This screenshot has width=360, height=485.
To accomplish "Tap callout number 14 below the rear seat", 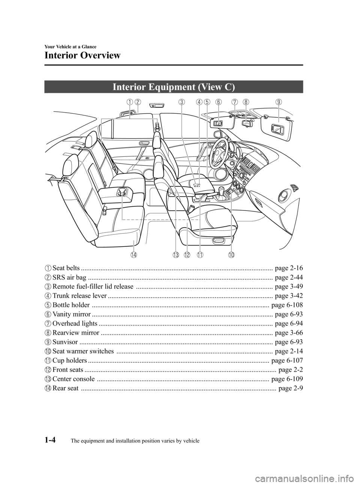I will pyautogui.click(x=133, y=255).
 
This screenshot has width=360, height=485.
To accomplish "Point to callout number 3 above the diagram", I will pyautogui.click(x=181, y=102).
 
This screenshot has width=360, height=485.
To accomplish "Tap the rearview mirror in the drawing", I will pyautogui.click(x=247, y=122).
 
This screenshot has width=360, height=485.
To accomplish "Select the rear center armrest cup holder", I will pyautogui.click(x=121, y=192).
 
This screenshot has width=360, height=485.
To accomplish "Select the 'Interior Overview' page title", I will pyautogui.click(x=82, y=56).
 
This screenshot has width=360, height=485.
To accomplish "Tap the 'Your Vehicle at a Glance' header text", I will pyautogui.click(x=70, y=47).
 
